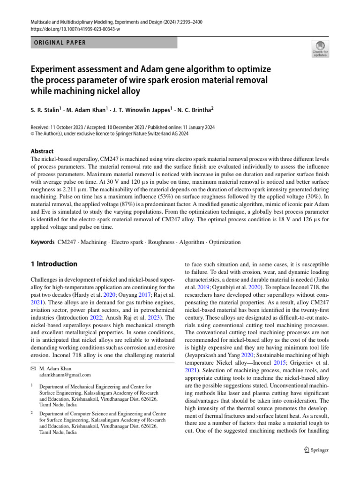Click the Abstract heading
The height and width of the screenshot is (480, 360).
[42, 151]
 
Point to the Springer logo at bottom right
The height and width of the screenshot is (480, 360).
[316, 450]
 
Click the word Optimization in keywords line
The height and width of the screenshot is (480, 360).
[225, 242]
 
